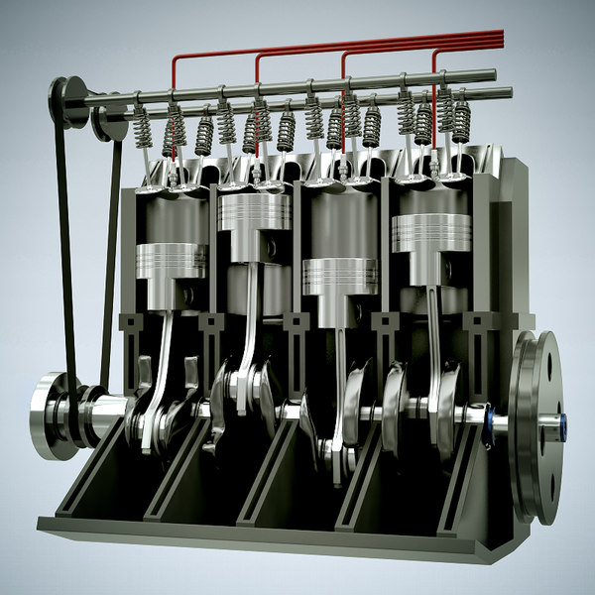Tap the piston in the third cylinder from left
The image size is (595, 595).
tap(340, 276)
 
